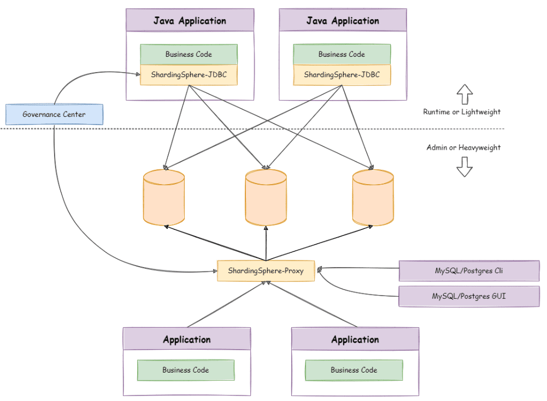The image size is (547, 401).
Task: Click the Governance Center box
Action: click(55, 114)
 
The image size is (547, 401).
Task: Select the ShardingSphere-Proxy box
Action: click(266, 270)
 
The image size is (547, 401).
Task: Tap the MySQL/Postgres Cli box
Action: click(469, 270)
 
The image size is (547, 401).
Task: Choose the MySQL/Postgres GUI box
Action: click(469, 297)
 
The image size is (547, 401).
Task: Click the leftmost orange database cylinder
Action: click(164, 197)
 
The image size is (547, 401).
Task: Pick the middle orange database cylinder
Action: click(266, 197)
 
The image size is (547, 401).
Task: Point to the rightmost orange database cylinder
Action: click(373, 197)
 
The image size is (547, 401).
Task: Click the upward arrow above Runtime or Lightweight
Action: click(464, 94)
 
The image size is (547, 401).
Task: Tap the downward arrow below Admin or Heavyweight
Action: click(464, 167)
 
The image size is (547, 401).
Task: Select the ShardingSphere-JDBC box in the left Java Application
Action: click(189, 75)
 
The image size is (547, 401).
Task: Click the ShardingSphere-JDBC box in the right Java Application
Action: click(342, 75)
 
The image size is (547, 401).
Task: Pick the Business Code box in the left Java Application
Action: click(189, 55)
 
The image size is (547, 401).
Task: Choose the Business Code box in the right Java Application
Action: click(342, 55)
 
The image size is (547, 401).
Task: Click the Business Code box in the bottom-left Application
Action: click(186, 370)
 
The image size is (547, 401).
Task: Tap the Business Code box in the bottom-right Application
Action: click(354, 370)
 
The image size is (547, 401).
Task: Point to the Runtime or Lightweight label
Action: click(462, 112)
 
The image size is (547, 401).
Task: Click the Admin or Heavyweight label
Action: click(463, 148)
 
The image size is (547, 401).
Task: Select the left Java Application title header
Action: click(190, 20)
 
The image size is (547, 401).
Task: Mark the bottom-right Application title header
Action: click(355, 339)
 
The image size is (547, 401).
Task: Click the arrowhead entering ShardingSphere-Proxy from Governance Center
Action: click(215, 271)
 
